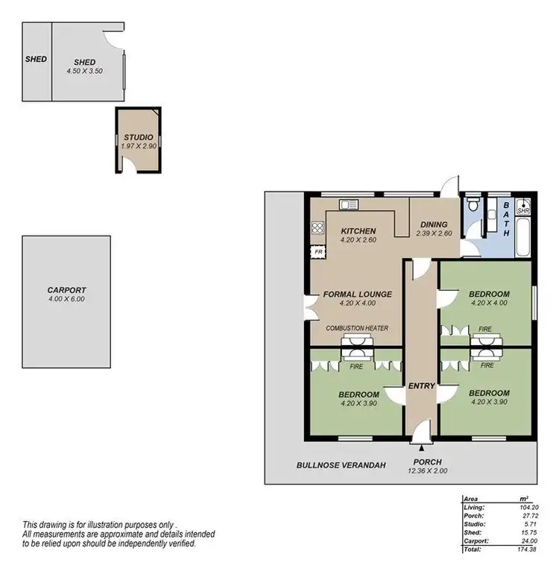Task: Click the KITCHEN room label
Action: click(x=358, y=231)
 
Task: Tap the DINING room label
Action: click(x=434, y=224)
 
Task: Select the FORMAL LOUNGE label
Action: click(x=358, y=294)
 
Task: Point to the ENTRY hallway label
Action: click(x=421, y=385)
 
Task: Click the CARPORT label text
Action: click(x=66, y=290)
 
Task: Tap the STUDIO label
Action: click(x=139, y=138)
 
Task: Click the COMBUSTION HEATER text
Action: click(x=357, y=329)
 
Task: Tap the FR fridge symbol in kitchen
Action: click(x=318, y=252)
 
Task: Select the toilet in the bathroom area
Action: click(x=472, y=205)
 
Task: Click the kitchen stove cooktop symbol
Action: click(x=317, y=229)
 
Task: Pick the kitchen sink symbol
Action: click(x=347, y=204)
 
